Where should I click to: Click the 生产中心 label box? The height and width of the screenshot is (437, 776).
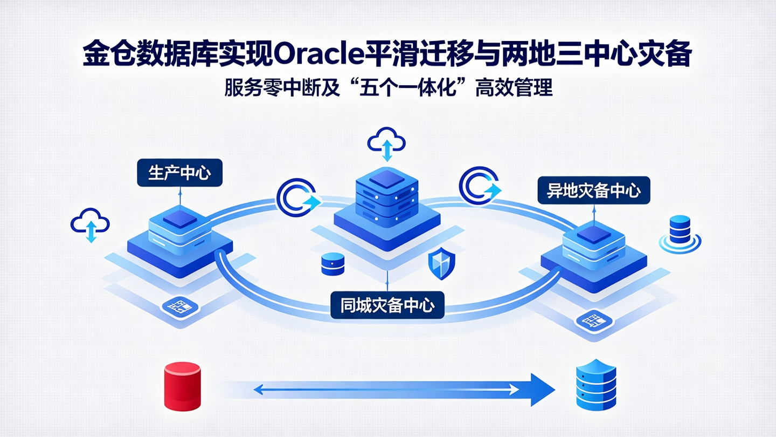point(179,173)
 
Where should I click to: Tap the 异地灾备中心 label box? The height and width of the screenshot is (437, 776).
point(594,190)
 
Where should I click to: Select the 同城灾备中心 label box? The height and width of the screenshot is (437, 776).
point(387,305)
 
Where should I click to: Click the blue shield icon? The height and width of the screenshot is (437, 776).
point(441,264)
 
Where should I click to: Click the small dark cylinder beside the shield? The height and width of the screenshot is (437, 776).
point(332,264)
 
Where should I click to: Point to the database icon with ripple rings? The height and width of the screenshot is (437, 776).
point(680,232)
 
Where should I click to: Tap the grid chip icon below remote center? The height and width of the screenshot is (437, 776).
point(592,321)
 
